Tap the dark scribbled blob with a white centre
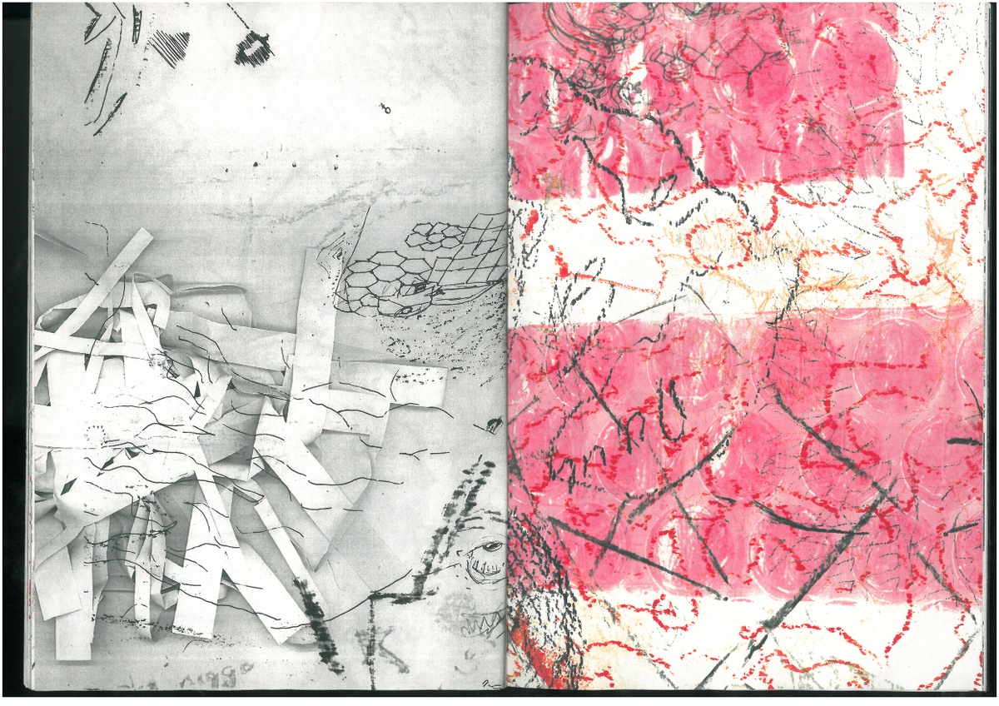(253, 51)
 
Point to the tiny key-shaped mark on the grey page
(385, 108)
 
